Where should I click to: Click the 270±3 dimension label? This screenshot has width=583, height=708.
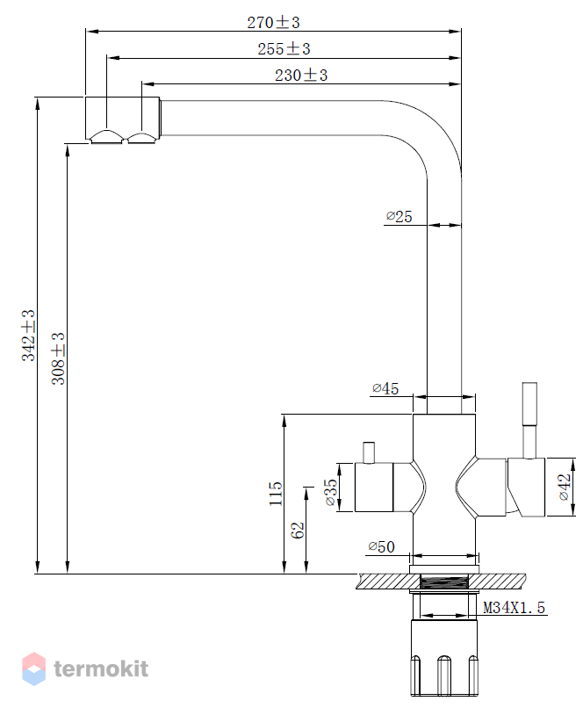tap(273, 22)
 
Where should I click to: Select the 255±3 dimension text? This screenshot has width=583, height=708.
tap(284, 49)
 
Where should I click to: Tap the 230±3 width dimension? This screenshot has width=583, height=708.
tap(301, 75)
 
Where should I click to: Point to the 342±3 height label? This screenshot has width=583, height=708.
tap(28, 335)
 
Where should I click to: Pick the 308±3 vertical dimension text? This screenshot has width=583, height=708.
tap(58, 358)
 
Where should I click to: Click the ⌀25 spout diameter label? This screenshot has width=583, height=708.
tap(399, 216)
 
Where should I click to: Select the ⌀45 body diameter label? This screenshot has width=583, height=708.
tap(385, 388)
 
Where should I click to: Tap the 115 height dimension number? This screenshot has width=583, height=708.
tap(275, 494)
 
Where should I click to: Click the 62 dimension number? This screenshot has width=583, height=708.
tap(298, 530)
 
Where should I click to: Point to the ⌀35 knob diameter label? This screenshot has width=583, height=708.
tap(330, 492)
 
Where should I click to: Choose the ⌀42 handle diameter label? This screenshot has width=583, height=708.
tap(565, 487)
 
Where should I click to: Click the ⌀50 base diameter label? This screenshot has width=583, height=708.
tap(381, 546)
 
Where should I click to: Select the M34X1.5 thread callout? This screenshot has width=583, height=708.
tap(514, 608)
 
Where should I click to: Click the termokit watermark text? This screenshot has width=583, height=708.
tap(101, 668)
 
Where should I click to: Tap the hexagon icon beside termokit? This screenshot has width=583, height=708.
tap(34, 668)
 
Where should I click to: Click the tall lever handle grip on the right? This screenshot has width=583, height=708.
tap(529, 404)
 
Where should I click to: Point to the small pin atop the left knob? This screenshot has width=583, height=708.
tap(369, 453)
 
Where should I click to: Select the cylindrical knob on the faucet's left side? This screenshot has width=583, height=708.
tap(374, 488)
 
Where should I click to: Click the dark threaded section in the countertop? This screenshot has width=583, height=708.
tap(444, 582)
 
